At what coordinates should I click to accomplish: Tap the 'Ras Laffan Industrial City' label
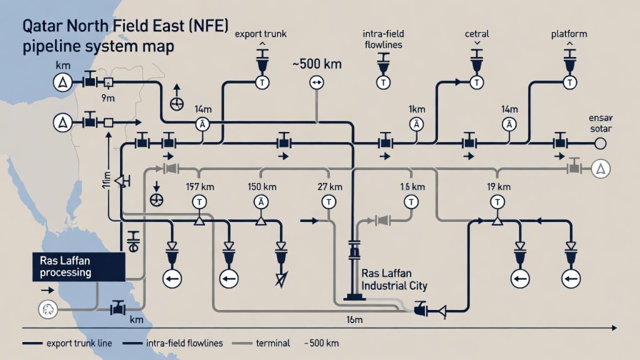tap(394, 280)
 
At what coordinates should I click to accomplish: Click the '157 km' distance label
tap(200, 186)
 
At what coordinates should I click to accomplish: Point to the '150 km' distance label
tap(262, 186)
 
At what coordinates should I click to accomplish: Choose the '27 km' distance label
tap(327, 186)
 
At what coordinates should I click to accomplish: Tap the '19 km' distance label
tap(498, 186)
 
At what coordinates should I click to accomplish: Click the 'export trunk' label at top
tap(261, 34)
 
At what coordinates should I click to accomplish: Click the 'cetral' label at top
tap(477, 34)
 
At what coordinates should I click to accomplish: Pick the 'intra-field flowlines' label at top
tap(382, 39)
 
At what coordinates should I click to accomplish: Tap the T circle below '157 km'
tap(199, 201)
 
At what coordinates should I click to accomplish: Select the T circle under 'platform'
tap(571, 82)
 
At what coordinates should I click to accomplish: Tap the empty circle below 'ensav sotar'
tap(601, 144)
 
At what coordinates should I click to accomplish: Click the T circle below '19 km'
tap(498, 201)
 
